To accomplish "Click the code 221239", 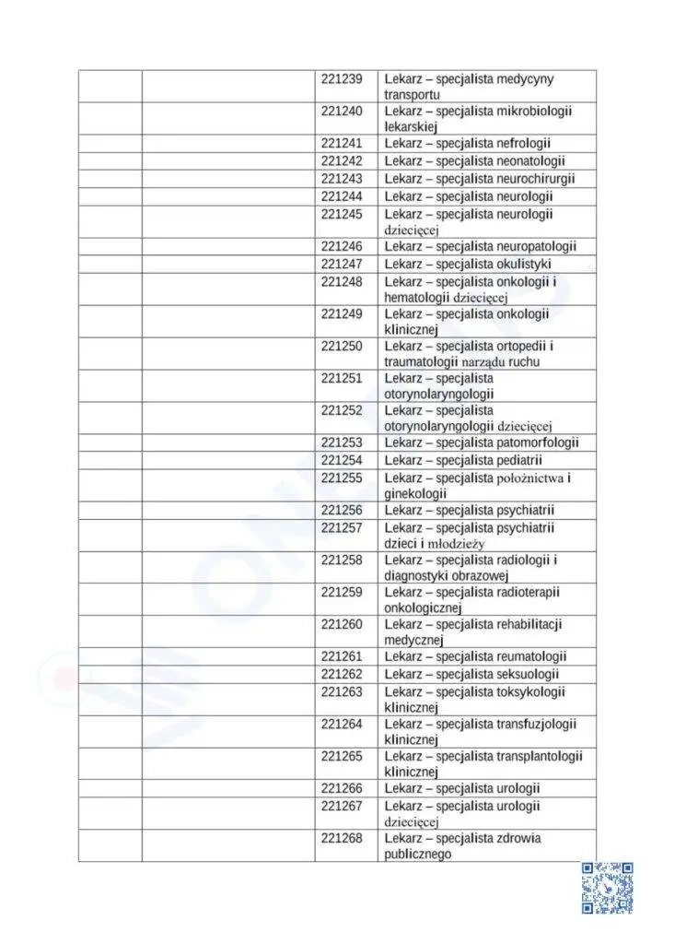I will click(342, 79).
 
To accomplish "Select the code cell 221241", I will click(342, 144).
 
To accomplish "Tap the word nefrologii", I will click(523, 144).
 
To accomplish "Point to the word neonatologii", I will click(530, 161).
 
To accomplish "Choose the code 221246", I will click(342, 246).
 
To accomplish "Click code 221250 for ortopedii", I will click(342, 347).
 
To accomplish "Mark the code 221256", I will click(342, 511).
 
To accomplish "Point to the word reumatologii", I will click(531, 656).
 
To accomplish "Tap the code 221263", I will click(342, 692).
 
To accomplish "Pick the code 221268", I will click(342, 838).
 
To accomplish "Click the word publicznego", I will click(417, 855).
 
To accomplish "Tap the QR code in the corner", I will click(608, 888).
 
